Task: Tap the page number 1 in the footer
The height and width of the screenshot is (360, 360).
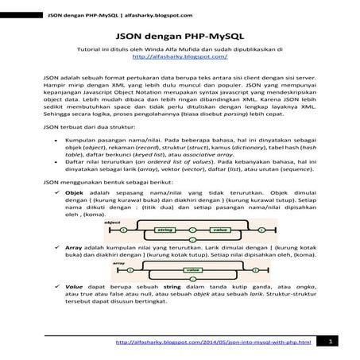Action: tap(330, 341)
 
